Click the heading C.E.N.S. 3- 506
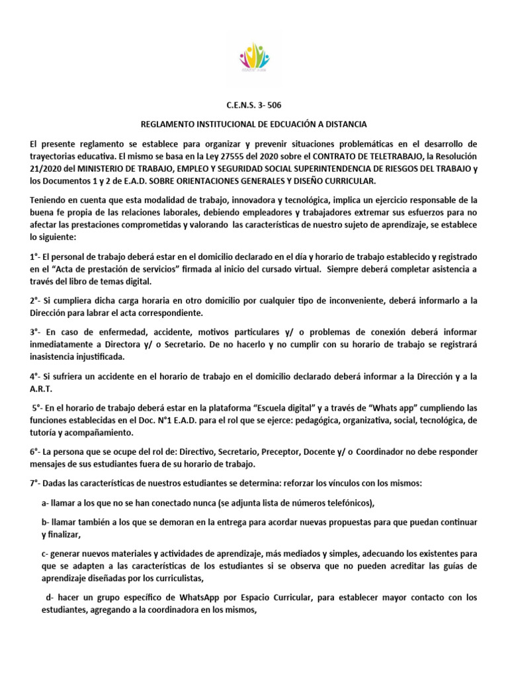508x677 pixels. click(x=254, y=104)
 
